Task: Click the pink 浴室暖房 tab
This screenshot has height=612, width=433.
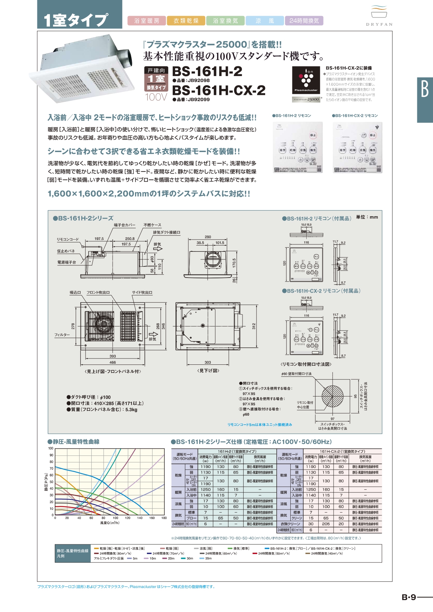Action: point(147,21)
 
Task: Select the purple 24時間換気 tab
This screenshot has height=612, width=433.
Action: point(304,21)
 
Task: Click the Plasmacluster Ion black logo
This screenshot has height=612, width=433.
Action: point(306,80)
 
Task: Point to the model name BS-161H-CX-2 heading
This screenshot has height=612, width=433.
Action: point(219,90)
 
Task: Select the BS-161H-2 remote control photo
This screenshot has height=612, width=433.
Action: point(298,148)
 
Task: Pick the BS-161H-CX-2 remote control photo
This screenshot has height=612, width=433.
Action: point(358,148)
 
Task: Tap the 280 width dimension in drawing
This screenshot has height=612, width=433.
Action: point(208,237)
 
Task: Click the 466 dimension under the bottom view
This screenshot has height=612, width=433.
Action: point(113,362)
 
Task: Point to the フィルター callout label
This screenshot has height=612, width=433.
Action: point(62,335)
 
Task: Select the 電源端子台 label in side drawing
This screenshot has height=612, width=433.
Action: point(67,262)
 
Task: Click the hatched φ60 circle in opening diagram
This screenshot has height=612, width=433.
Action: point(332,396)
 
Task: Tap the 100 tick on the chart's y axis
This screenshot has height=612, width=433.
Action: point(51,448)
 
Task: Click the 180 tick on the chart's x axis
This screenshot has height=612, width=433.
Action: point(164,518)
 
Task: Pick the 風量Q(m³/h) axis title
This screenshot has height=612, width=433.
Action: point(110,523)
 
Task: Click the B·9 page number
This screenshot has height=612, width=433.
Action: point(409,597)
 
